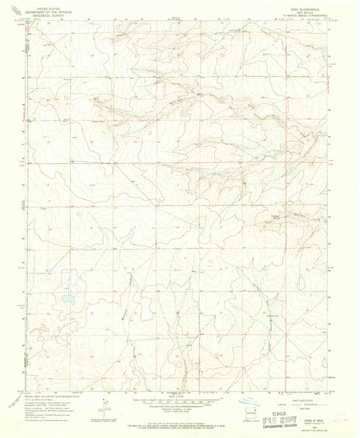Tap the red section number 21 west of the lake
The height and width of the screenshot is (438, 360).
48,313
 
